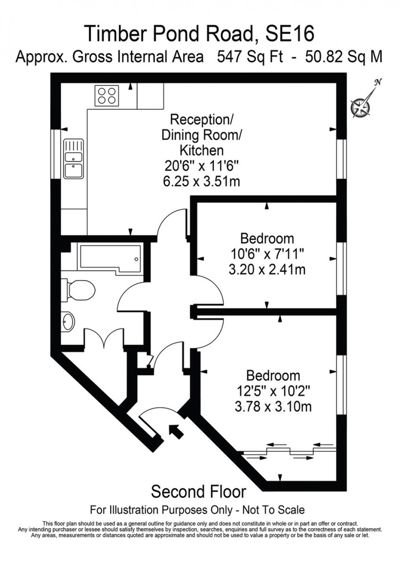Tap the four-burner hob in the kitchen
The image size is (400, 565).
tap(107, 96)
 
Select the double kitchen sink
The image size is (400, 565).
tap(73, 159)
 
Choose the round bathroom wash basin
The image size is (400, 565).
tap(69, 322)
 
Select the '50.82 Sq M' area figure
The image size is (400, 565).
tap(344, 56)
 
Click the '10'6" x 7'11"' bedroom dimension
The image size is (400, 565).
tap(267, 254)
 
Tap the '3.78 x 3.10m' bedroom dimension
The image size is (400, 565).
tap(273, 406)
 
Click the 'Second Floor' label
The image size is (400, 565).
tap(198, 492)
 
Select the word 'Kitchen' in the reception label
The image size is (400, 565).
tap(202, 151)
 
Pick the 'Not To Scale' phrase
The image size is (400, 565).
tap(273, 510)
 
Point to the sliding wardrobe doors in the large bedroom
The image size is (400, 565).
tap(290, 451)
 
